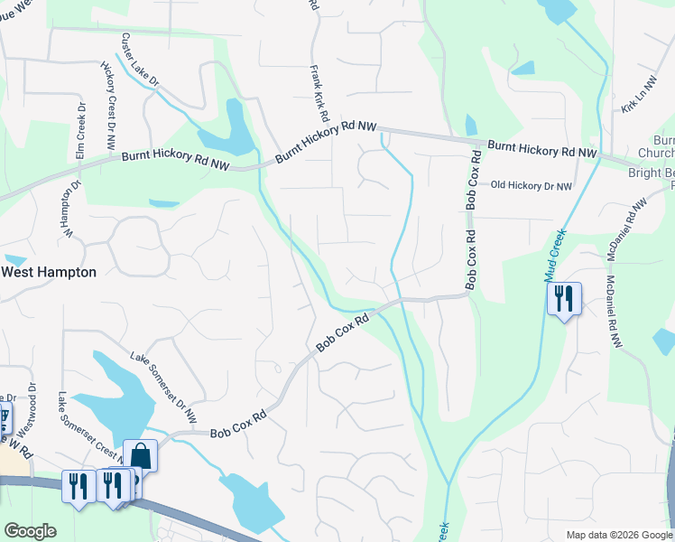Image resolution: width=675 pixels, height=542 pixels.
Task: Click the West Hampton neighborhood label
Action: pos(49,272)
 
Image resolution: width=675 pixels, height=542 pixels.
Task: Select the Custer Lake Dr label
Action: pos(140,61)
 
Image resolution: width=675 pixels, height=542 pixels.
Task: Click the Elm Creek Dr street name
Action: pos(80,131)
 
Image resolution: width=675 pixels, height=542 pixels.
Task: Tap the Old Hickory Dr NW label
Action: pos(532,186)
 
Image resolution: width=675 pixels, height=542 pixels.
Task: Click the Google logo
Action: pos(30,531)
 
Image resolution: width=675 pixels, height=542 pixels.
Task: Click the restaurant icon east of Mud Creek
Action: pos(564,298)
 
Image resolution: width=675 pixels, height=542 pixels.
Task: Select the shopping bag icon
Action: pos(140,454)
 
